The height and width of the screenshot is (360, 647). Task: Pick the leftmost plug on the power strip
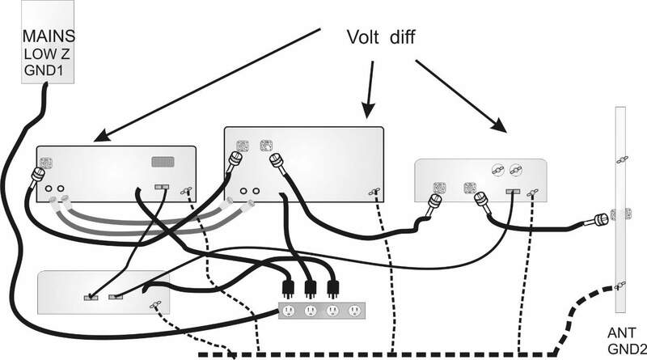(286, 289)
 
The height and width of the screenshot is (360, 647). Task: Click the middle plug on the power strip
(309, 289)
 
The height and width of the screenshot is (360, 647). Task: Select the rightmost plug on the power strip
(332, 289)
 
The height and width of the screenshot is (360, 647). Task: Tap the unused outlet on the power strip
(353, 311)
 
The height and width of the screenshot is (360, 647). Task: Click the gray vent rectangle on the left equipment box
(165, 162)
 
